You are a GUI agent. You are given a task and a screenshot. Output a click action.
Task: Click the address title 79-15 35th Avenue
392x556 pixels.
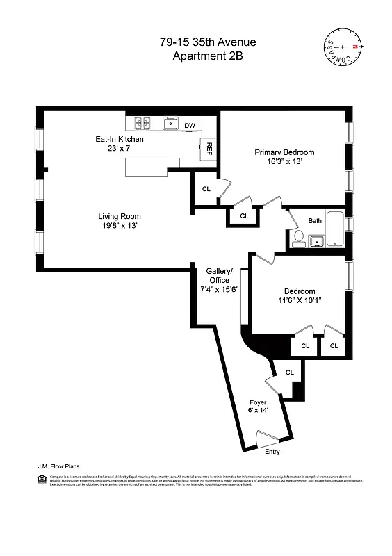202,43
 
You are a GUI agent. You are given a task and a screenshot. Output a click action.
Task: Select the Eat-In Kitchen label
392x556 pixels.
120,139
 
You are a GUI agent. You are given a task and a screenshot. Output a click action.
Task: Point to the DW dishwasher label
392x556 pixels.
190,126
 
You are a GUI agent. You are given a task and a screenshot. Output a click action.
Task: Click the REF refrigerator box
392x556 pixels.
207,149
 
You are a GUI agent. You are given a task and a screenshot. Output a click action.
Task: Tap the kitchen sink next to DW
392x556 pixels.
170,124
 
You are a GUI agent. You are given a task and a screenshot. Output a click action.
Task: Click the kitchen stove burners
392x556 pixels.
142,124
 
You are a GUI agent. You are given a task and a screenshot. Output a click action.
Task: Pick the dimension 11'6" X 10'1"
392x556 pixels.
299,301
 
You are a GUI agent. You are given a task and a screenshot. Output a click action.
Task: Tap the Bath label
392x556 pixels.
315,221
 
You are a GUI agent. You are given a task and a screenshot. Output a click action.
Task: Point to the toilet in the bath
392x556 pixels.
297,239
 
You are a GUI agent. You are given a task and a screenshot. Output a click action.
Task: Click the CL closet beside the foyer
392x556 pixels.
289,373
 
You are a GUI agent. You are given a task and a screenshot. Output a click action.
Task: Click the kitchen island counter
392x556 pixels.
152,167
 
